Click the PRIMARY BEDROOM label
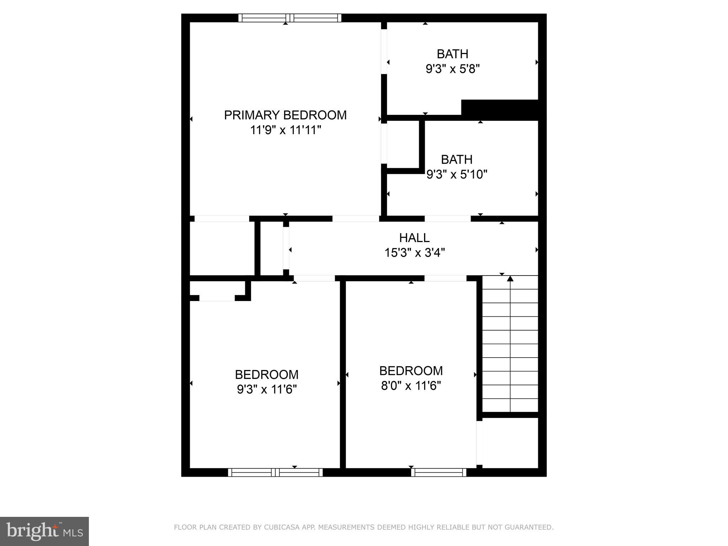(285, 115)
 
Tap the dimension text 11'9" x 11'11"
(285, 130)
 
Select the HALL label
(414, 237)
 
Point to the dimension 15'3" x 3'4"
(414, 253)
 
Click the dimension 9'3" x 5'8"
(453, 69)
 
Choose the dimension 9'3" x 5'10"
(456, 175)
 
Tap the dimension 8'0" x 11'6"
(411, 386)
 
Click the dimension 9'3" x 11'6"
(267, 390)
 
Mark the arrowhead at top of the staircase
(510, 278)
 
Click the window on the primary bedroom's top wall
(290, 18)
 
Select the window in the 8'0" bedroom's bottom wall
(439, 472)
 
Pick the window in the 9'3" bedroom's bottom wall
(275, 472)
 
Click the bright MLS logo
(44, 531)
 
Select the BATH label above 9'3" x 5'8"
(452, 54)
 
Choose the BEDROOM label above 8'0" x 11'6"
(411, 371)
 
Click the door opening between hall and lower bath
(448, 219)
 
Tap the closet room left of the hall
(222, 248)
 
